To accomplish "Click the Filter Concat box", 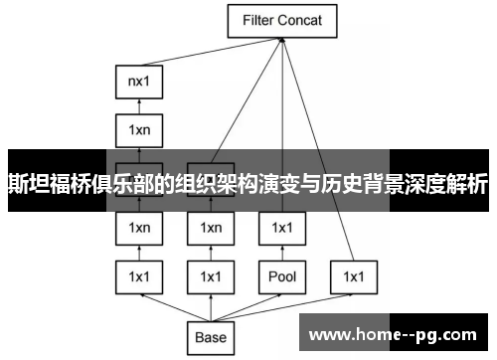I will coord(282,19).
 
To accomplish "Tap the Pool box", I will coord(281,276).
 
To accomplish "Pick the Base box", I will coord(211,336).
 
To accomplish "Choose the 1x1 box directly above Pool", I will coord(281,229).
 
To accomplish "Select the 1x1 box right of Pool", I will coord(353,276).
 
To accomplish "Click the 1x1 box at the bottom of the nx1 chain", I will coord(139,276).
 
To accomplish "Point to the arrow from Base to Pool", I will coord(248,306).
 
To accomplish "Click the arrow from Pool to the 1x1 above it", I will coord(281,253).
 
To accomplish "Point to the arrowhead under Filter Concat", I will coord(282,40).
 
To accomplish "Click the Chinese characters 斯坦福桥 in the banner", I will coord(45,184).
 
